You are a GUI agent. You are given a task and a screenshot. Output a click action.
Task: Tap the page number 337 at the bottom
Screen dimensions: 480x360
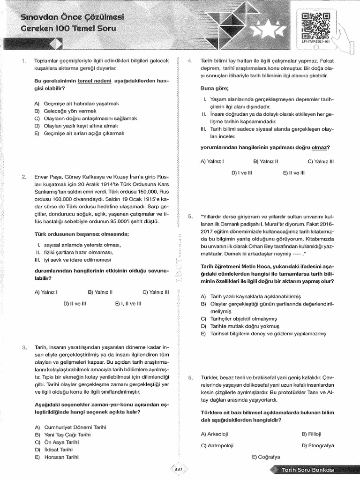(x=178, y=469)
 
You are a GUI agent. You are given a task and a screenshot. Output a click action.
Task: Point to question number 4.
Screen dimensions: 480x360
(x=189, y=61)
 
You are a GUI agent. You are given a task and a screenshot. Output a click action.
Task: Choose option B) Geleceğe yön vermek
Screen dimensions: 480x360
(x=65, y=111)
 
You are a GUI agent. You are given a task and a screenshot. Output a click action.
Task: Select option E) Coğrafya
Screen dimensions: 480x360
(x=266, y=457)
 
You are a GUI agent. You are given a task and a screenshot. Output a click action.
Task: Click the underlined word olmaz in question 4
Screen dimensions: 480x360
(x=320, y=148)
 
